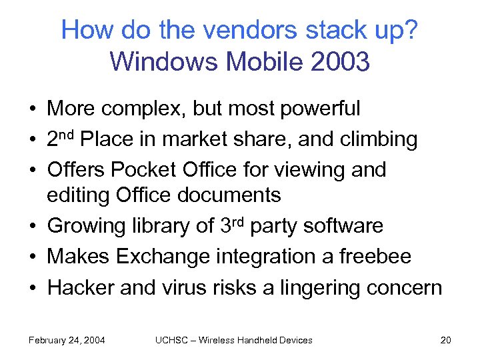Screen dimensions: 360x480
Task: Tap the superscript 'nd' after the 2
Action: (x=69, y=135)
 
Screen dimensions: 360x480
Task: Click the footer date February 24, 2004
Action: (x=66, y=340)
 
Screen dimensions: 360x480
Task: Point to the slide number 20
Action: (x=445, y=340)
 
